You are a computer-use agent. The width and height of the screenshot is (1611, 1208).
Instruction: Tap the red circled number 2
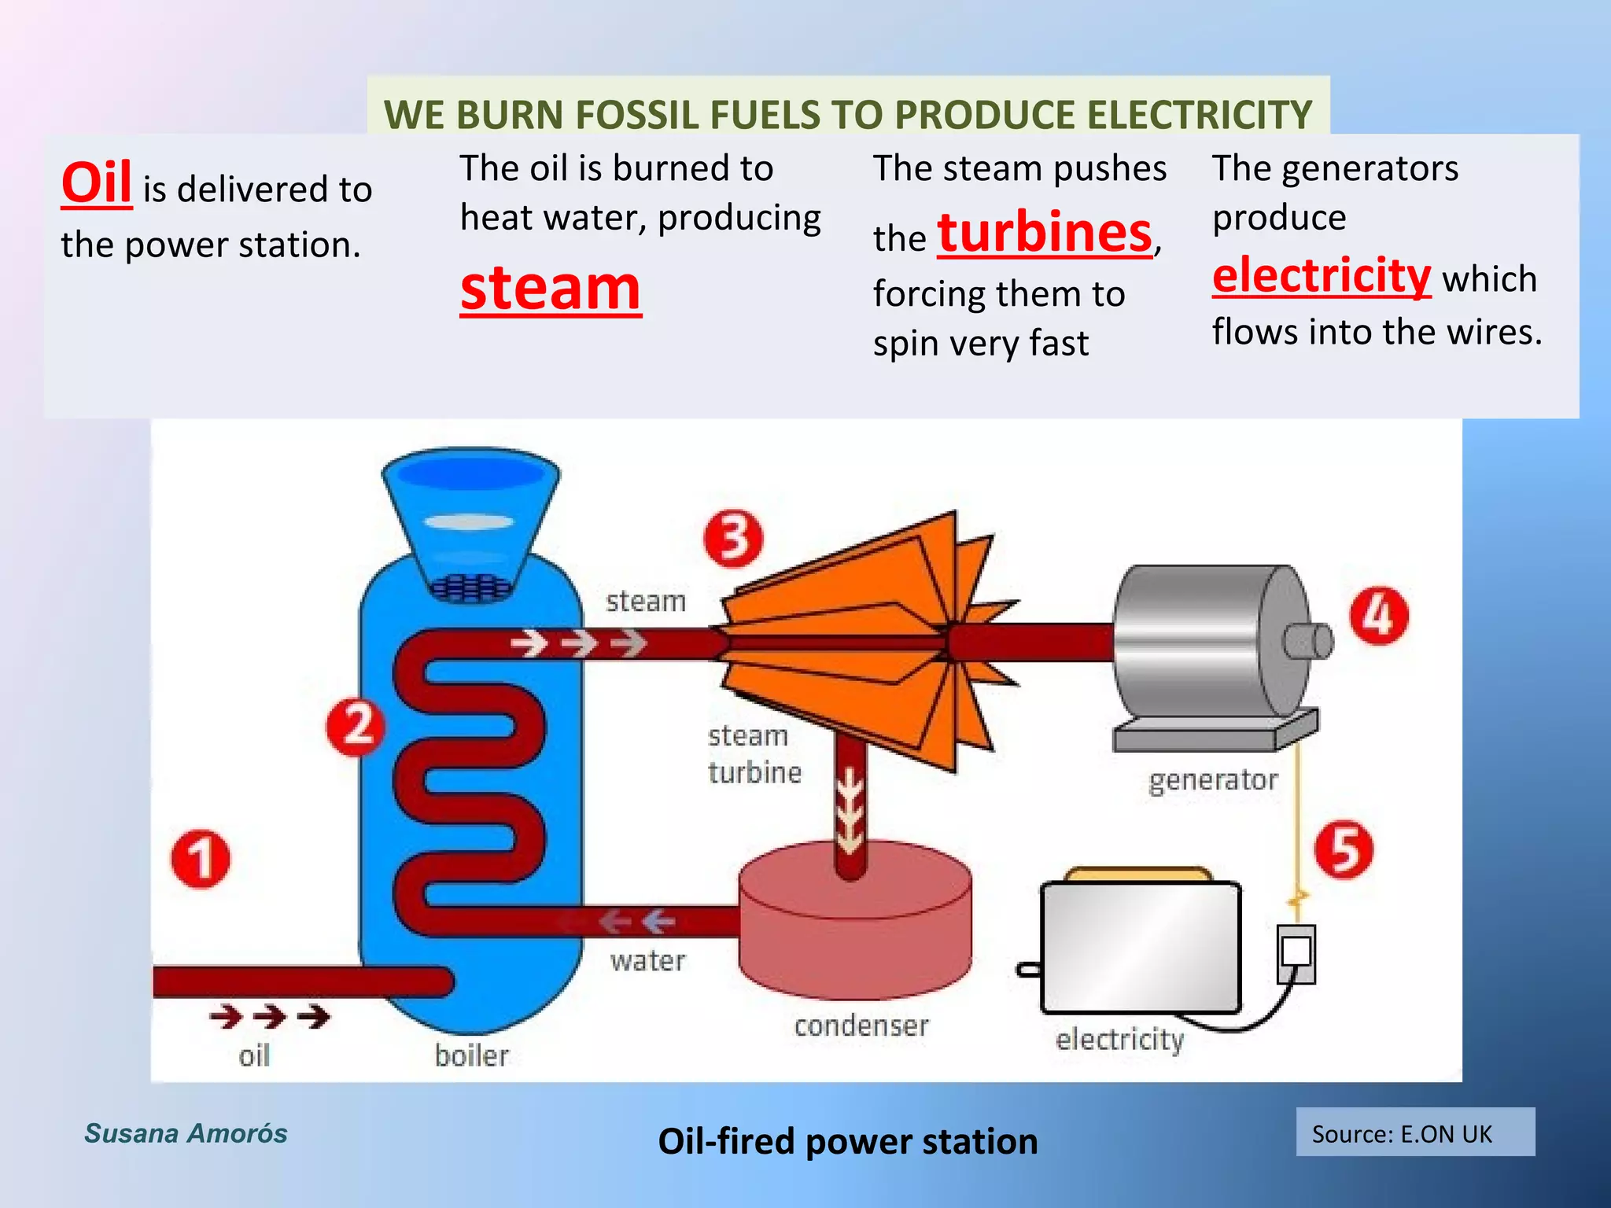pyautogui.click(x=356, y=725)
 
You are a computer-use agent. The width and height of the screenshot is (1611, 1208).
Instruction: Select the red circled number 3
pyautogui.click(x=733, y=539)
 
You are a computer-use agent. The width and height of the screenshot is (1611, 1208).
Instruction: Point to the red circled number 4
pyautogui.click(x=1379, y=616)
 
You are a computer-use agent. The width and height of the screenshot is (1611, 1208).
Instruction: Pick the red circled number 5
pyautogui.click(x=1344, y=850)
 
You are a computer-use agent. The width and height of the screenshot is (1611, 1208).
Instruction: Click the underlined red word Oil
pyautogui.click(x=96, y=183)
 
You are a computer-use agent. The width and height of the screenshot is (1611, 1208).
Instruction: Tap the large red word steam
pyautogui.click(x=551, y=289)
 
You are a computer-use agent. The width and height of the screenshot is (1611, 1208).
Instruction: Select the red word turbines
pyautogui.click(x=1045, y=233)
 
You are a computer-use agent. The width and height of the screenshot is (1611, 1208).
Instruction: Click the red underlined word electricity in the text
pyautogui.click(x=1321, y=276)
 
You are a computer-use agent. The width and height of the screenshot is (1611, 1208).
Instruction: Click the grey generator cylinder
pyautogui.click(x=1204, y=641)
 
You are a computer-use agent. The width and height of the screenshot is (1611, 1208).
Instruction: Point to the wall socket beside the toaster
pyautogui.click(x=1296, y=953)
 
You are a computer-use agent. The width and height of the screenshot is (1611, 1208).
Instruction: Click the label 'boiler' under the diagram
pyautogui.click(x=472, y=1055)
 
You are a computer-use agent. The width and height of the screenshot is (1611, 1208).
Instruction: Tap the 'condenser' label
pyautogui.click(x=861, y=1026)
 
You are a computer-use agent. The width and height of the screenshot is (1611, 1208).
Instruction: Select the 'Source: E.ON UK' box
pyautogui.click(x=1414, y=1132)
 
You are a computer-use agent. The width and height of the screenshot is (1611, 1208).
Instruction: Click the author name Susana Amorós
pyautogui.click(x=186, y=1133)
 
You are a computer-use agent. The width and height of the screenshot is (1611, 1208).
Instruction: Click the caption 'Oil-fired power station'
pyautogui.click(x=847, y=1141)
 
